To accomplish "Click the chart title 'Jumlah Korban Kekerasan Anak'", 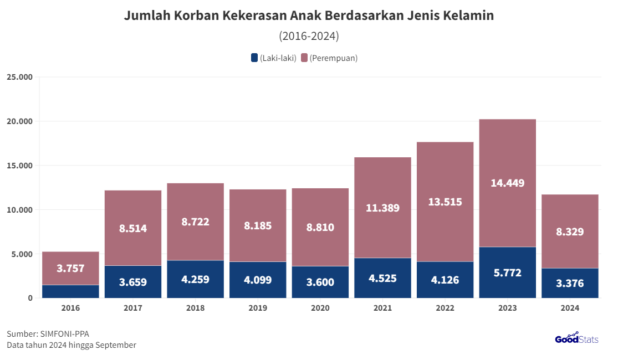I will (x=308, y=16).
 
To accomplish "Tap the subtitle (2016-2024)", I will (x=309, y=37).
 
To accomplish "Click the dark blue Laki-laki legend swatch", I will (x=254, y=58).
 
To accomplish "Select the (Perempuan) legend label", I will (x=333, y=58).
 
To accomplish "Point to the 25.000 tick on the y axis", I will (x=19, y=77).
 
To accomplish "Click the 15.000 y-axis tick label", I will (x=19, y=166).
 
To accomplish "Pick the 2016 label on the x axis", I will (x=70, y=308).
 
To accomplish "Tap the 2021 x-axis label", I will (x=382, y=308).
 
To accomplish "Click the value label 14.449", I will (x=507, y=183).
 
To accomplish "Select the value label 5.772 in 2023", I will (x=507, y=272).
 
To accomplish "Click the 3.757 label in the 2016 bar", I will (x=70, y=268).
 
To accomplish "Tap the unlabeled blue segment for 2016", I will (x=70, y=291).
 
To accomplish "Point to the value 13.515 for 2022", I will (x=445, y=202).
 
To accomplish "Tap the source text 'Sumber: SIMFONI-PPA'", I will (x=48, y=333).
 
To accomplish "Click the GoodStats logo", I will (x=576, y=338).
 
